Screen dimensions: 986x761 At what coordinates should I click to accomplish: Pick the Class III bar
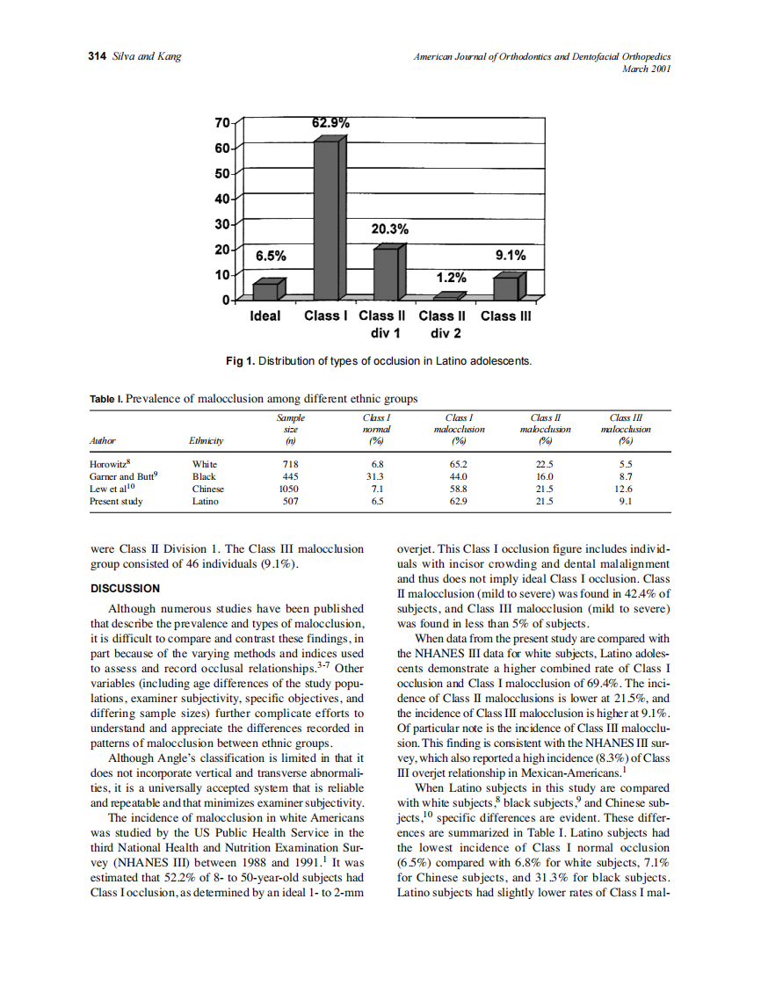(x=506, y=287)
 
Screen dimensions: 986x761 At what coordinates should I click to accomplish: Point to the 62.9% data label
(x=330, y=123)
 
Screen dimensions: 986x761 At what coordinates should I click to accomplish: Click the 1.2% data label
(x=452, y=278)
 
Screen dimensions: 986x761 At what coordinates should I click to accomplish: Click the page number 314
(x=98, y=56)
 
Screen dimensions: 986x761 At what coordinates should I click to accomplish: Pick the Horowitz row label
(x=112, y=463)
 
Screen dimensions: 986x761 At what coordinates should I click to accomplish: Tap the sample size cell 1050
(x=288, y=489)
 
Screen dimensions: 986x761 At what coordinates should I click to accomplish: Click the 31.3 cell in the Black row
(x=377, y=476)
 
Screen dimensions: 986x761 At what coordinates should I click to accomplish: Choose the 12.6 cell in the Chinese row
(x=623, y=489)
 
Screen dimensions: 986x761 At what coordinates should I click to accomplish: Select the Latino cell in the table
(x=206, y=501)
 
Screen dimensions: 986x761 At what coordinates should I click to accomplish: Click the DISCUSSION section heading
(x=126, y=588)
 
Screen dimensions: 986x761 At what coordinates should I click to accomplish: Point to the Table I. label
(x=106, y=399)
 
